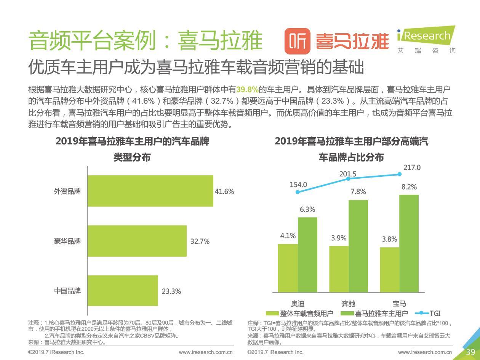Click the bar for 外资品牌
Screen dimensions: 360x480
tap(150, 191)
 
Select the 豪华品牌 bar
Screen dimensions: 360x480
tap(137, 241)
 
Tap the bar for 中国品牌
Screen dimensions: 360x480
tap(122, 291)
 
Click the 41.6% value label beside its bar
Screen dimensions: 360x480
tap(224, 192)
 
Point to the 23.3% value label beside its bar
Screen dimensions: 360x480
tap(171, 291)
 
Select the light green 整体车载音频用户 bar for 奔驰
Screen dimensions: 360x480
tap(339, 269)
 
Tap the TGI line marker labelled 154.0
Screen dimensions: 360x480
tap(298, 192)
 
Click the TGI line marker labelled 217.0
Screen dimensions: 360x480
tap(400, 174)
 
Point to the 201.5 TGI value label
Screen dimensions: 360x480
tap(348, 174)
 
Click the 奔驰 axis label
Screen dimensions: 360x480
tap(348, 304)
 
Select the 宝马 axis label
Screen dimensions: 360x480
tap(399, 304)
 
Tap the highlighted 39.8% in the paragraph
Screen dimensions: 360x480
tap(247, 90)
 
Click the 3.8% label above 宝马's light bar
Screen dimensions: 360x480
tap(389, 239)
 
